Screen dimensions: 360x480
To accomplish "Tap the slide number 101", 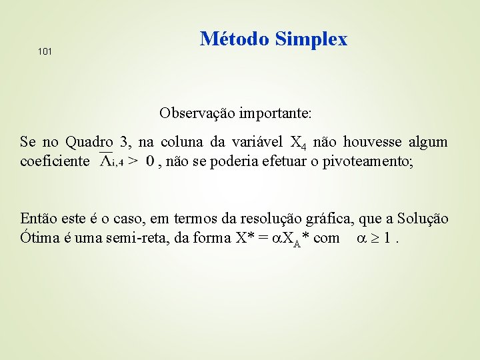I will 45,51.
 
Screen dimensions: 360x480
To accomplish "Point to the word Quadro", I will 90,142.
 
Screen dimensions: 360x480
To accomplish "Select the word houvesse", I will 369,142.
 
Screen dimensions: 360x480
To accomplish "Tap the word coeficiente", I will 55,161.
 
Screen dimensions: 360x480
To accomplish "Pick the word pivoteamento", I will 367,161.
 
